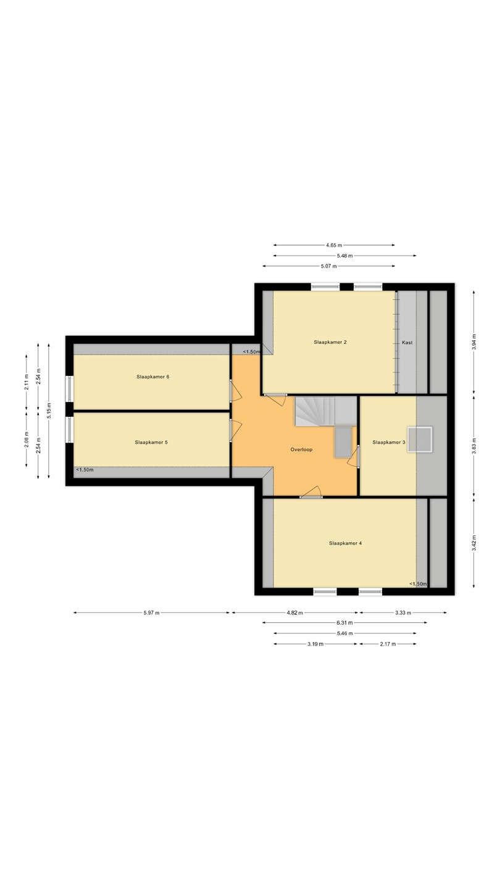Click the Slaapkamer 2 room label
tap(330, 342)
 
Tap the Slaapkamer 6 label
tap(153, 377)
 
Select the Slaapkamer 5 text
tap(151, 442)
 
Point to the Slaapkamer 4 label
tap(345, 543)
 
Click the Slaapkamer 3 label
tap(389, 442)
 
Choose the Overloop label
tap(302, 449)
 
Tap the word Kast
tap(407, 343)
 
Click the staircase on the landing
tap(325, 412)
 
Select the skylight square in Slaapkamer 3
tap(420, 440)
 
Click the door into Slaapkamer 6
tap(235, 391)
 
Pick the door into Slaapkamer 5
tap(235, 430)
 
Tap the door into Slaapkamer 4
tap(312, 492)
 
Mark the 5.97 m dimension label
tap(152, 613)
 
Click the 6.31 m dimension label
tap(345, 623)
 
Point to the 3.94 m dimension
tap(474, 342)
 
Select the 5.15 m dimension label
tap(49, 411)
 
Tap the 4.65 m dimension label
tap(334, 245)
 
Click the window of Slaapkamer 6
tap(69, 390)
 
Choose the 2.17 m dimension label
tap(388, 644)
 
